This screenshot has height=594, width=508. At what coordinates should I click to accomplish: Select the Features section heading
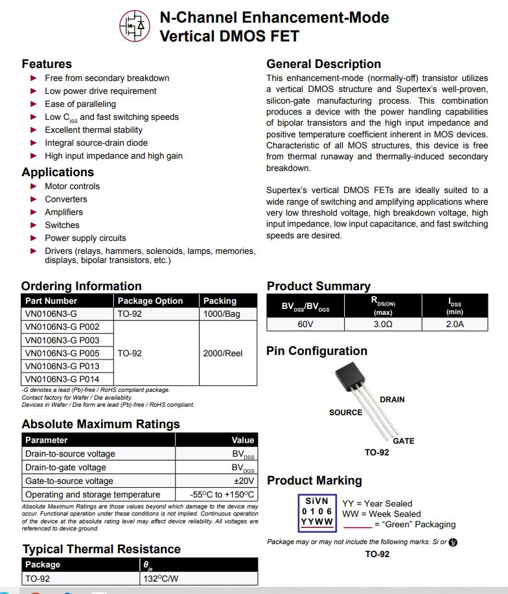47,63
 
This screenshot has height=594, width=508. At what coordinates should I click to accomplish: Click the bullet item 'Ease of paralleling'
80,104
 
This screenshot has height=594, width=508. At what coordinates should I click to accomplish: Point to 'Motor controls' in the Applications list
72,186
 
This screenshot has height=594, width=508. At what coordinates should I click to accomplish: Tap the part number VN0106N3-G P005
62,353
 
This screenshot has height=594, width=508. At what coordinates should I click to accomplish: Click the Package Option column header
150,301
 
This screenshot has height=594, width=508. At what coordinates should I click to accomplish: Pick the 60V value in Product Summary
305,324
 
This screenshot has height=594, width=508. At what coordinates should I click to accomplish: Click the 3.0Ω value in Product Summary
383,324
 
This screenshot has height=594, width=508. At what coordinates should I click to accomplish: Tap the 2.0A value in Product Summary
454,324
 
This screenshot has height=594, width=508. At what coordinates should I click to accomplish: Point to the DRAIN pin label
392,400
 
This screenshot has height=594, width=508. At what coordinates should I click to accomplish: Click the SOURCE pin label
345,413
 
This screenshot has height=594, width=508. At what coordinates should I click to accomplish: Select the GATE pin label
403,440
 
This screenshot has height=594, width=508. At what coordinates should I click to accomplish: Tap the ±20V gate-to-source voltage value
244,481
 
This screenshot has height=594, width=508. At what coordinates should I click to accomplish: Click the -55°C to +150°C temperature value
223,494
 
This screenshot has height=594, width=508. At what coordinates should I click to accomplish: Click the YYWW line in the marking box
317,521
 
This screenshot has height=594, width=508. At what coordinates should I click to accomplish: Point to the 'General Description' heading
323,63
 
